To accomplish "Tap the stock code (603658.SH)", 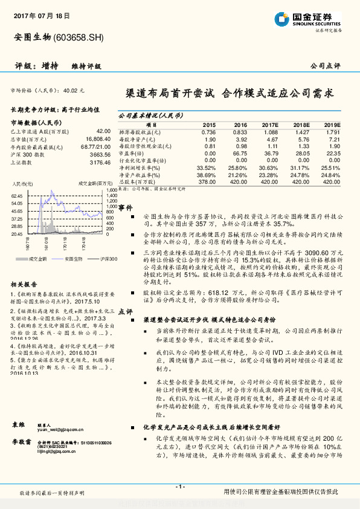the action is pyautogui.click(x=79, y=38).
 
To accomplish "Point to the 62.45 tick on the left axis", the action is pyautogui.click(x=17, y=196).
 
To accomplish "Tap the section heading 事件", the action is pyautogui.click(x=125, y=207).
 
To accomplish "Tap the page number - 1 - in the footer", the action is pyautogui.click(x=179, y=487).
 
